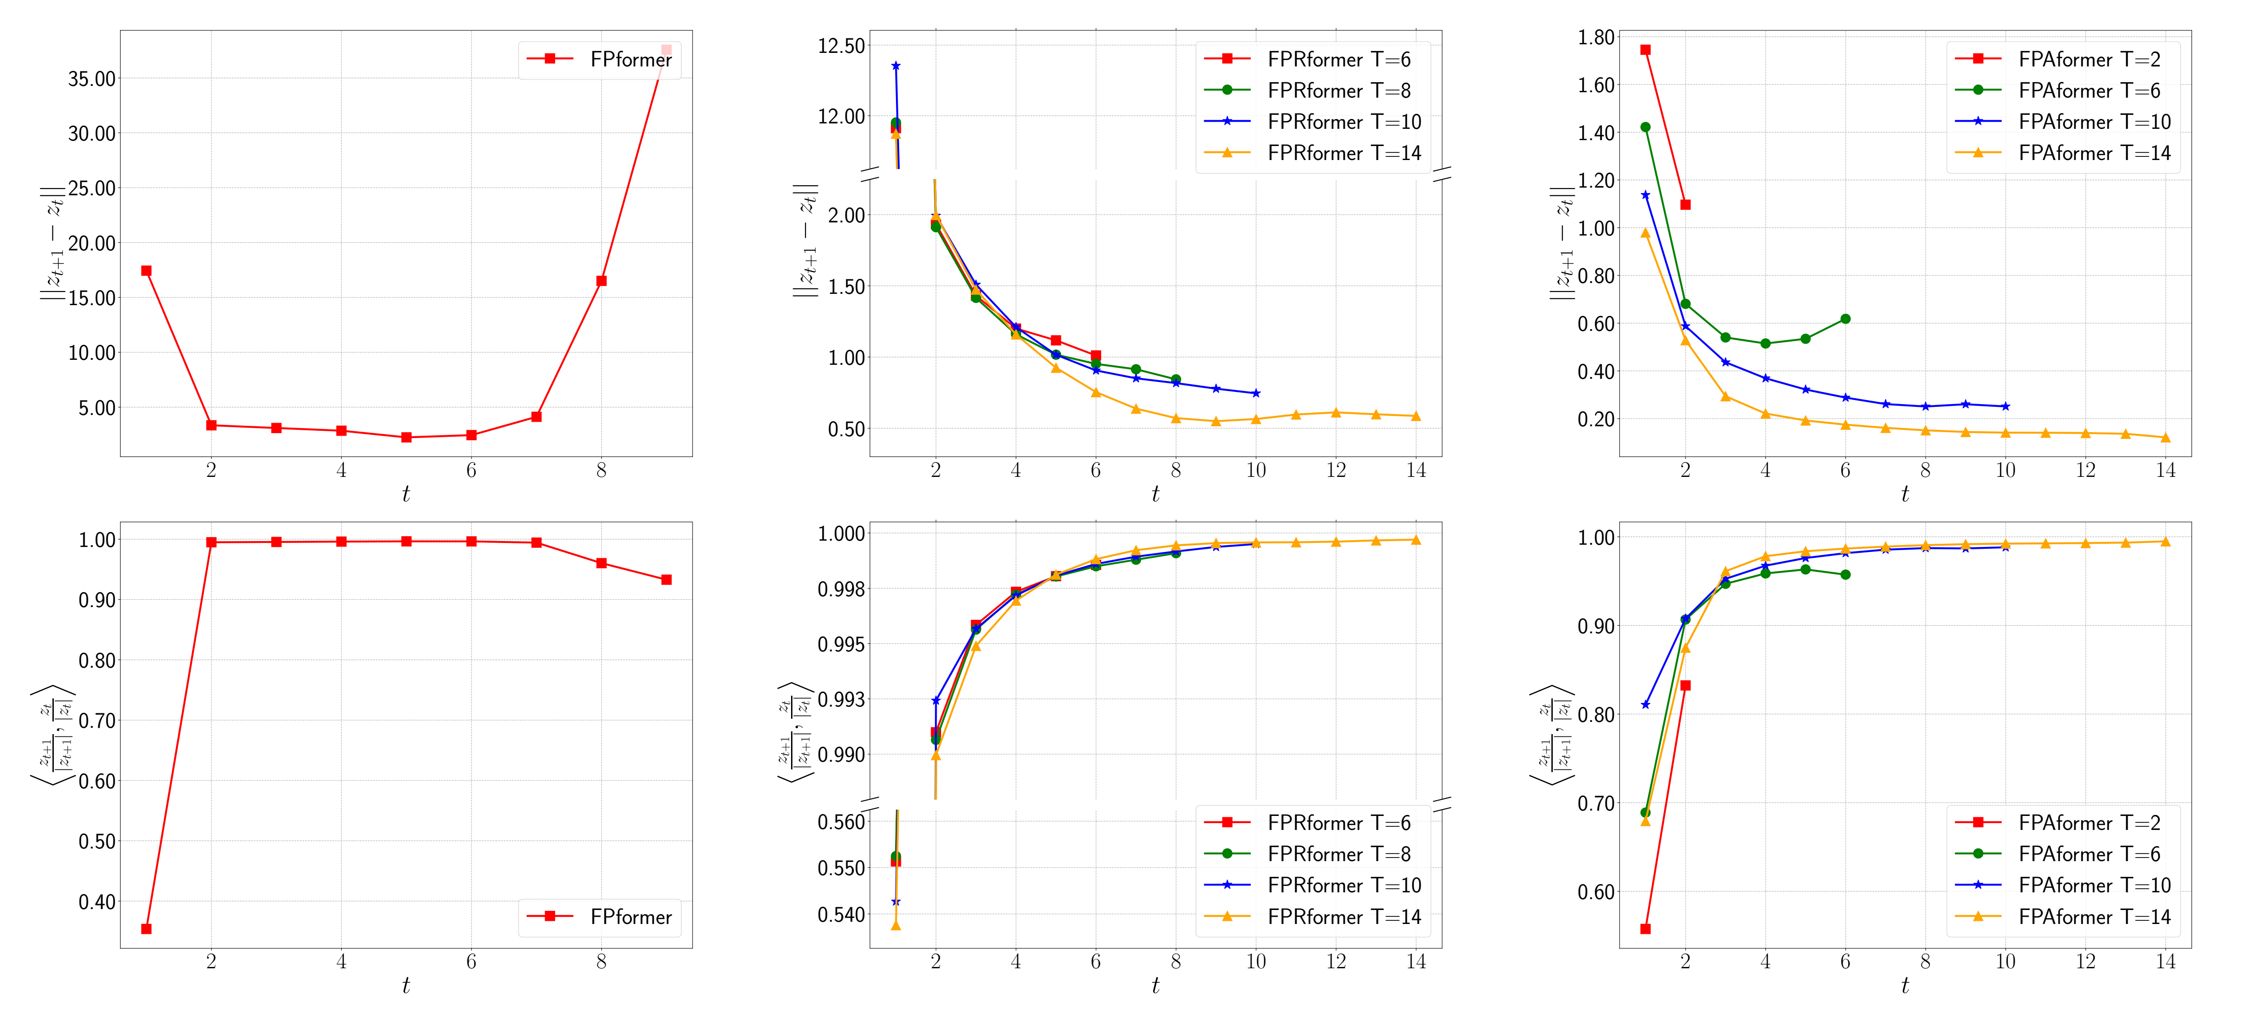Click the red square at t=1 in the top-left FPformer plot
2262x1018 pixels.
pyautogui.click(x=146, y=270)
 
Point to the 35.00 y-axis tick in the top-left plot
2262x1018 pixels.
pyautogui.click(x=91, y=79)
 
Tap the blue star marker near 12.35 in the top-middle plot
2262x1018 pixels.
pyautogui.click(x=895, y=66)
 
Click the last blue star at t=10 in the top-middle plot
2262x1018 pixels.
pyautogui.click(x=1256, y=393)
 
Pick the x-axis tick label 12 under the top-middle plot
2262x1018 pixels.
pyautogui.click(x=1336, y=471)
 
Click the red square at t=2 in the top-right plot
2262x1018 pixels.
pyautogui.click(x=1685, y=205)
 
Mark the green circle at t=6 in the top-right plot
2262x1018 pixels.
pyautogui.click(x=1845, y=319)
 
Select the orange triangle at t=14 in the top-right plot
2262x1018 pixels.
pyautogui.click(x=2165, y=438)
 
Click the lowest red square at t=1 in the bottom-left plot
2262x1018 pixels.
pyautogui.click(x=146, y=928)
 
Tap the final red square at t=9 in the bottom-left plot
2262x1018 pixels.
pyautogui.click(x=666, y=580)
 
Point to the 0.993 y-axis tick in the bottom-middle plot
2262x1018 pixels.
pyautogui.click(x=840, y=699)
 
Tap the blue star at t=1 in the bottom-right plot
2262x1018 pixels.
pyautogui.click(x=1645, y=704)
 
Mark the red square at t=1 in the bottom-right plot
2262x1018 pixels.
pyautogui.click(x=1645, y=928)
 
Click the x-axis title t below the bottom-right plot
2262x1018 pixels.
pyautogui.click(x=1904, y=985)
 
